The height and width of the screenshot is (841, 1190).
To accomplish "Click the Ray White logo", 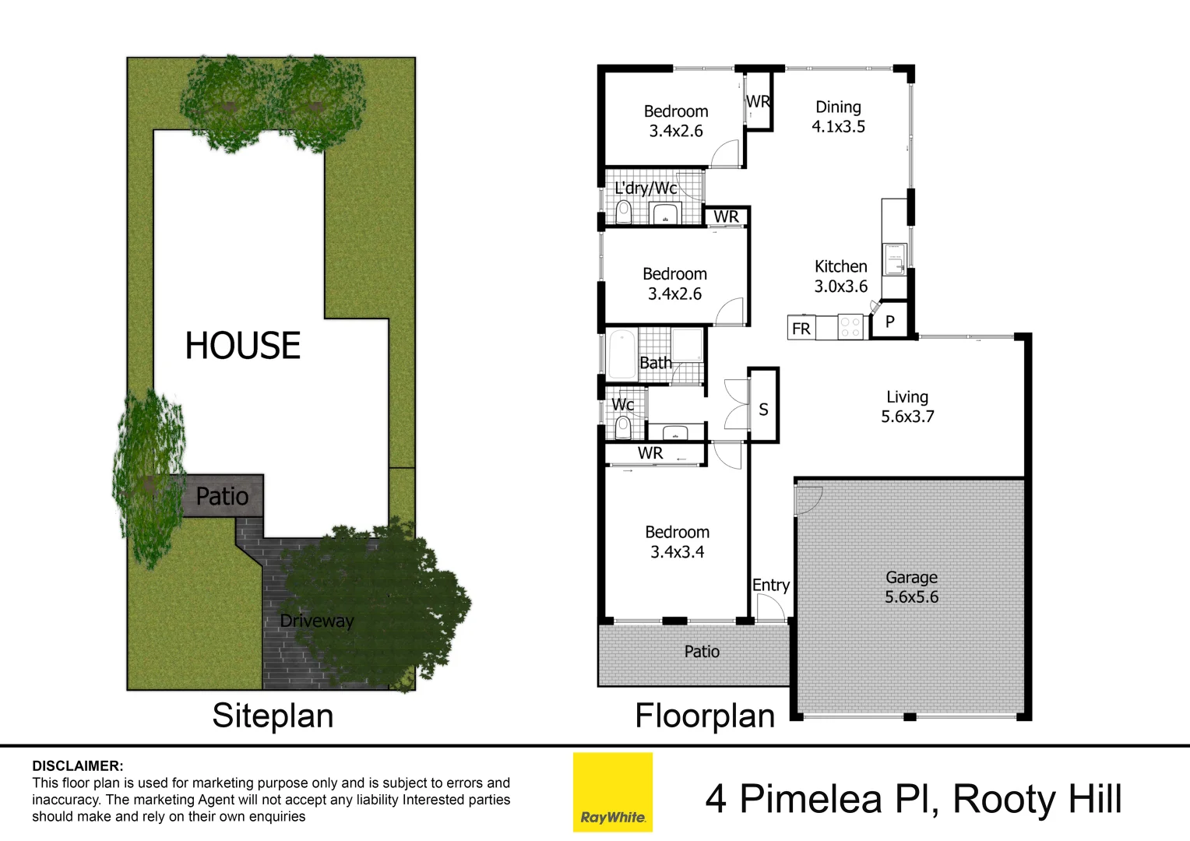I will click(x=612, y=792).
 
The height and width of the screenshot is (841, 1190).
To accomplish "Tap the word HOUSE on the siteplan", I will click(x=243, y=346).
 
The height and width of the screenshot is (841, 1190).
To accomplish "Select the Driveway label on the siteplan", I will click(x=316, y=621).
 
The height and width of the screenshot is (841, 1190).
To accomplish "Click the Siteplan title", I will click(x=273, y=716).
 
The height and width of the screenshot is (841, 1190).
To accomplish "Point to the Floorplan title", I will click(x=705, y=716).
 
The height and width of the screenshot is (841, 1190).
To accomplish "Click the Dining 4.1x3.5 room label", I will click(x=838, y=117).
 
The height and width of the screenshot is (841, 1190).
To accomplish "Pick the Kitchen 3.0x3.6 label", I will click(x=840, y=276).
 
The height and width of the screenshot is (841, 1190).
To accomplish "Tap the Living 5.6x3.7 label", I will click(x=907, y=406).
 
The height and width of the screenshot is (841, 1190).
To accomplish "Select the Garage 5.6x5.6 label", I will click(x=911, y=587).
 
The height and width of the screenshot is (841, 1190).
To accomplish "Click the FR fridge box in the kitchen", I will click(x=801, y=329).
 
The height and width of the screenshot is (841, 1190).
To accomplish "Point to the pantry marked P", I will click(x=890, y=322).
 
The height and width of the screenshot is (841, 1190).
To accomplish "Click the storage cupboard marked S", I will click(x=763, y=409).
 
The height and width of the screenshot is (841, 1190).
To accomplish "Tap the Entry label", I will click(x=770, y=585).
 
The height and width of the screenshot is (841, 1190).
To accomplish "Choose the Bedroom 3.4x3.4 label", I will click(x=677, y=542).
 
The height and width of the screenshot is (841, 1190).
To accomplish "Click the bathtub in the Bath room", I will click(x=622, y=354).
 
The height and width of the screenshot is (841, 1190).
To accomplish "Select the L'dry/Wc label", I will click(x=646, y=188).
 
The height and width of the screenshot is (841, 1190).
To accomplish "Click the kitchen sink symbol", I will click(x=894, y=259).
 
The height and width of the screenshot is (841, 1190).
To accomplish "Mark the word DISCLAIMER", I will click(x=77, y=766).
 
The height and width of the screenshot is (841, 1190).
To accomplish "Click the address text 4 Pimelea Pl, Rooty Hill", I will click(x=914, y=799).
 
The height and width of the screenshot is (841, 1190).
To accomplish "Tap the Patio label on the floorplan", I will click(x=702, y=652).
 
